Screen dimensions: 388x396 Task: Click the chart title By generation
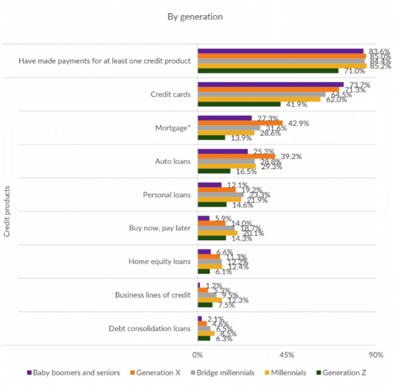pos(195,16)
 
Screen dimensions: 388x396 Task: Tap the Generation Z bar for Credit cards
pos(238,104)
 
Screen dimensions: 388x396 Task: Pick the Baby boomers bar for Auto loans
pos(222,151)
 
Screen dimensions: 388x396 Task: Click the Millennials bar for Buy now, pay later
pos(217,233)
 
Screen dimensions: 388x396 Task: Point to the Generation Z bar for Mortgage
pos(211,137)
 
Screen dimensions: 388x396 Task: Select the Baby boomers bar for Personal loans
pos(209,185)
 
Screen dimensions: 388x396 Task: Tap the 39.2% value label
pos(291,156)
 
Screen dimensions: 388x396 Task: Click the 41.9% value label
pos(294,104)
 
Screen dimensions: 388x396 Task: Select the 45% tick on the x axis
pos(287,355)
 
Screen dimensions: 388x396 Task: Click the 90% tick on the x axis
pos(375,355)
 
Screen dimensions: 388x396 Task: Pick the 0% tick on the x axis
pos(197,355)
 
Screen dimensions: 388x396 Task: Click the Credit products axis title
pos(7,211)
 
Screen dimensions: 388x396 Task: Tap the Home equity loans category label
pos(159,262)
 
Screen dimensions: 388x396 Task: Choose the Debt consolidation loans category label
pos(150,328)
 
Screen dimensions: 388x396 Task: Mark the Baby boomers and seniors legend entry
pos(72,372)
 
